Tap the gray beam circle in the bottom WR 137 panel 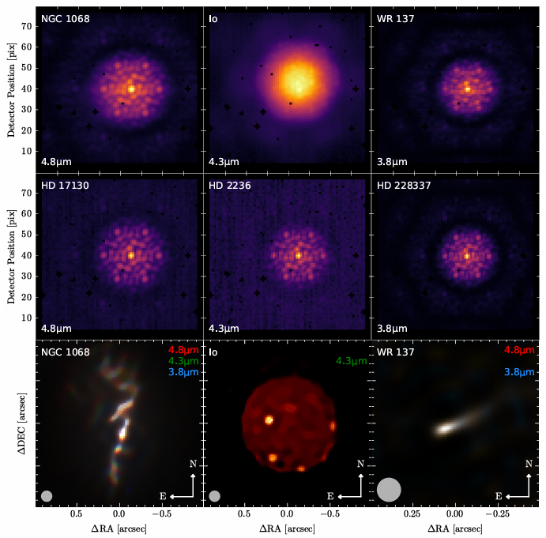390,489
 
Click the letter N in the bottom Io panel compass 360,464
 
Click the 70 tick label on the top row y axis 26,26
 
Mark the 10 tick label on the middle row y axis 26,318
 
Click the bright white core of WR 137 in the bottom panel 444,429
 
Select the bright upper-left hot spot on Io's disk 269,419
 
